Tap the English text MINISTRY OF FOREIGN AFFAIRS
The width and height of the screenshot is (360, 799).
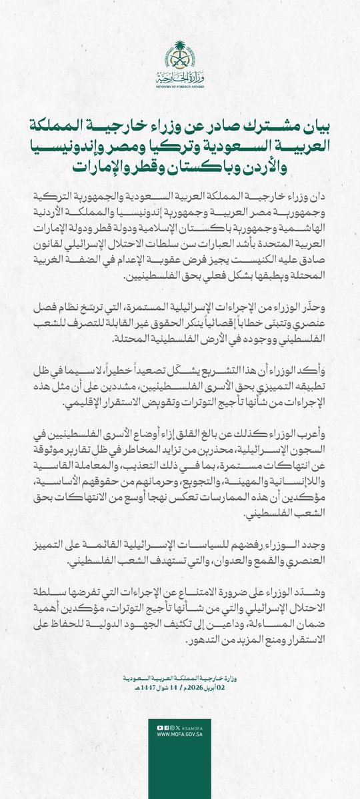pos(180,87)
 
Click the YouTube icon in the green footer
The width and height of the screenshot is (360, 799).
pos(159,728)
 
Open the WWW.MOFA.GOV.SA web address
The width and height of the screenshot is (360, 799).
pos(180,735)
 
